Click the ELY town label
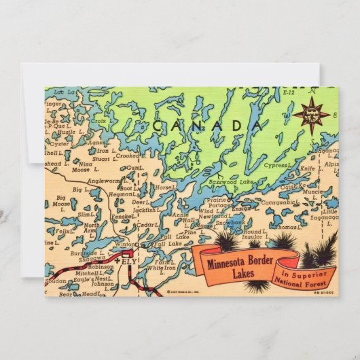click(x=130, y=260)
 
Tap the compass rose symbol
click(x=311, y=115)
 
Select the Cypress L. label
click(x=277, y=164)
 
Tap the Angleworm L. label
click(x=109, y=181)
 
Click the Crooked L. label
click(x=128, y=155)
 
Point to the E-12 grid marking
click(x=289, y=91)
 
